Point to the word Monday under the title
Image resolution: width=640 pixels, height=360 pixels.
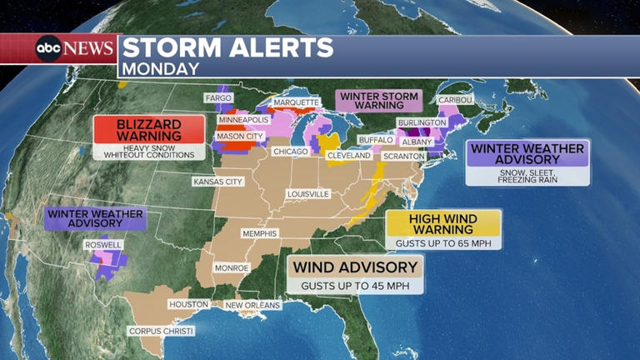163,68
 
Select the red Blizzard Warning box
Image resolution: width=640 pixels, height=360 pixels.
148,130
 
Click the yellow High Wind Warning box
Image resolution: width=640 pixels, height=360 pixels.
443,223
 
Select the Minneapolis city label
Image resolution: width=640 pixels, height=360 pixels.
243,119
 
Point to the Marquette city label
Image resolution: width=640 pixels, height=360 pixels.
296,103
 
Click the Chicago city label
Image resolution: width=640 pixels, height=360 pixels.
291,152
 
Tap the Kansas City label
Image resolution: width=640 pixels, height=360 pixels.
217,181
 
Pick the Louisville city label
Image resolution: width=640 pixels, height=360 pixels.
308,193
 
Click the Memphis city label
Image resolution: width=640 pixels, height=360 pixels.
259,233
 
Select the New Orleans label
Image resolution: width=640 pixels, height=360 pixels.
253,305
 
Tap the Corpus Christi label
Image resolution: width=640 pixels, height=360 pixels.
161,331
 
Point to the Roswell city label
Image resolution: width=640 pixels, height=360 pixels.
103,245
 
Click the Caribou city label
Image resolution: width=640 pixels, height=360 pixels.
456,100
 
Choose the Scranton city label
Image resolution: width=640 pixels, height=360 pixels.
406,156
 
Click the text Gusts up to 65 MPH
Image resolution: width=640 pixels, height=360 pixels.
443,242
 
